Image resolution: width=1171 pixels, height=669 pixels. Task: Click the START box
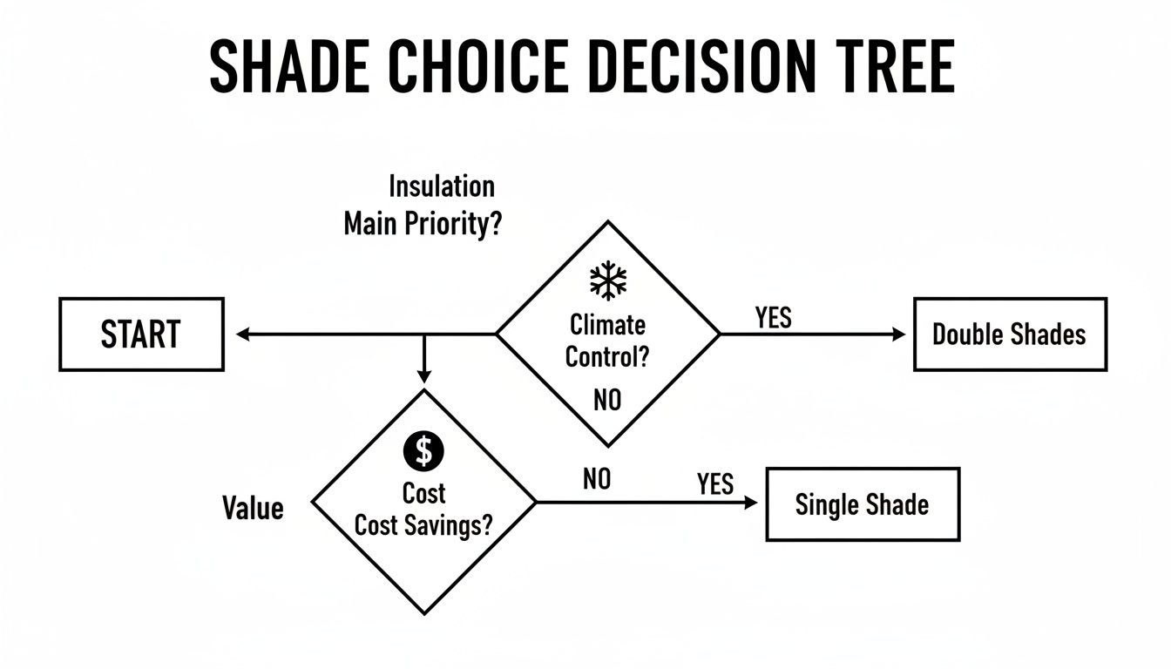[141, 334]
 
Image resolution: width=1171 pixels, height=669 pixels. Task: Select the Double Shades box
[1010, 334]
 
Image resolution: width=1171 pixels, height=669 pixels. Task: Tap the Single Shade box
[862, 504]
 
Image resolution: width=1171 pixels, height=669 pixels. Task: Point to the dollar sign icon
[424, 450]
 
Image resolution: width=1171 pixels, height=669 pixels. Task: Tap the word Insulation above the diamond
[441, 186]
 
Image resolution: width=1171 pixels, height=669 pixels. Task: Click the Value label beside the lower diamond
[253, 508]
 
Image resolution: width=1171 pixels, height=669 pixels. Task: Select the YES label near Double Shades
[773, 318]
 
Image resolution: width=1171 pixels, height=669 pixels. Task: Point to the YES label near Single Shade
[715, 483]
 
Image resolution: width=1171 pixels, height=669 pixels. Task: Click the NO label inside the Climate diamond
[607, 400]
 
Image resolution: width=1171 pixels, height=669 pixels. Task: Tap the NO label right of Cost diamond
[597, 478]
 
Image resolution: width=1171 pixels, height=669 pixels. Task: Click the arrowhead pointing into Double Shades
[900, 334]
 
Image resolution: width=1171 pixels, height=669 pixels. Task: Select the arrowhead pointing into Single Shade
[752, 503]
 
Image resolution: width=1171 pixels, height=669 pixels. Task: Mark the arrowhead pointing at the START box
[242, 334]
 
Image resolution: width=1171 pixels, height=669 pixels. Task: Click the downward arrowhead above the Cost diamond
[423, 376]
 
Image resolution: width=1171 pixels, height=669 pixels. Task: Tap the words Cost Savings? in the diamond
[424, 527]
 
